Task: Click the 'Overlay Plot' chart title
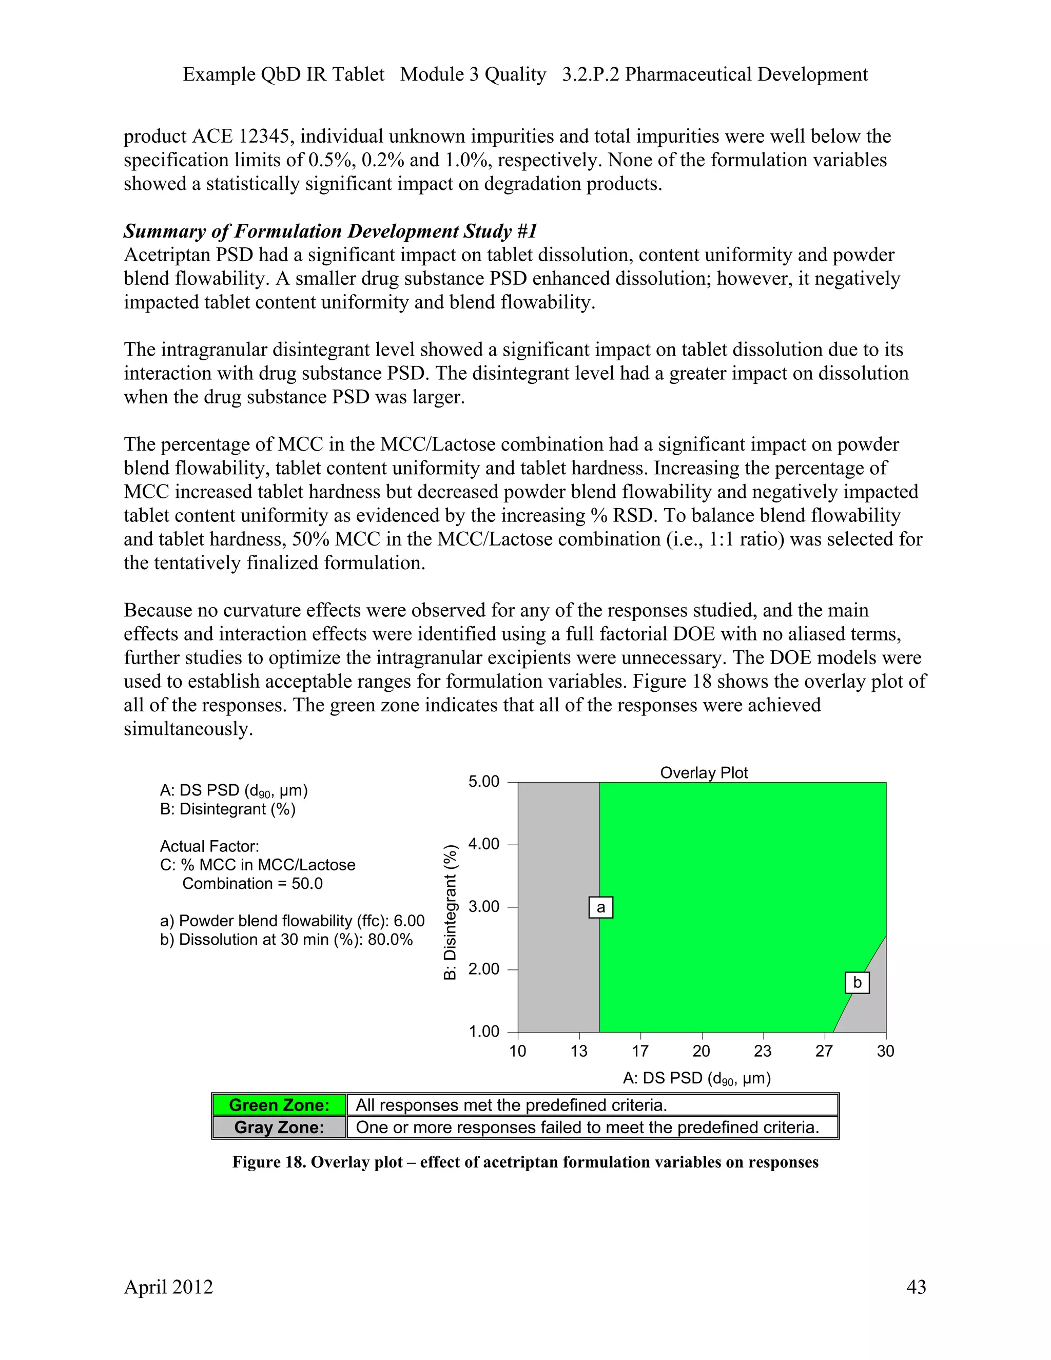click(704, 773)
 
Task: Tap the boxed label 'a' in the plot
click(600, 907)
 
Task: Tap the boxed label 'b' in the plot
click(857, 983)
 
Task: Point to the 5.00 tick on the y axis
click(484, 782)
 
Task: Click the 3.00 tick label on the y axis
click(484, 907)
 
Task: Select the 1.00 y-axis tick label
click(484, 1032)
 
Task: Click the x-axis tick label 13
click(578, 1052)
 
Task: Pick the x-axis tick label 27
click(824, 1052)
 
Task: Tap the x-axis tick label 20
click(701, 1052)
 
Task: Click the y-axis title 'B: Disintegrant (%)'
click(450, 912)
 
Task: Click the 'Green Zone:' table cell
click(279, 1105)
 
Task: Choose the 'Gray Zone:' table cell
click(279, 1128)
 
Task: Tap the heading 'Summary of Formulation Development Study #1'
click(330, 231)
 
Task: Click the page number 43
click(916, 1287)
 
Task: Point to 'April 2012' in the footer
click(168, 1287)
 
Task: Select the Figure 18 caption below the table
click(525, 1162)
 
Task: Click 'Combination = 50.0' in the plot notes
click(252, 884)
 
